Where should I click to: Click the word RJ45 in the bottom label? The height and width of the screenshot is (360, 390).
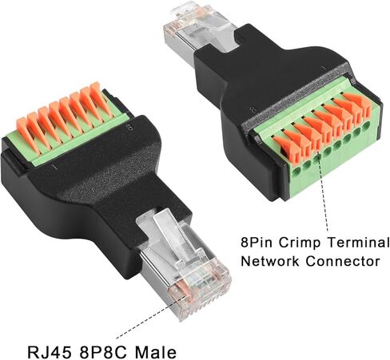point(50,352)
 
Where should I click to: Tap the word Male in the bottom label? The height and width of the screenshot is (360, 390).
point(156,352)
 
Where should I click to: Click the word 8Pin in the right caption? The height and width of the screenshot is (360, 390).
point(257,243)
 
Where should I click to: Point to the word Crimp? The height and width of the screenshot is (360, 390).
point(300,243)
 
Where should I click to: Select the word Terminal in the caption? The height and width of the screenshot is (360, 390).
point(358,243)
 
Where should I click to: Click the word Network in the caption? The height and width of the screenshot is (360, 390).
point(270,261)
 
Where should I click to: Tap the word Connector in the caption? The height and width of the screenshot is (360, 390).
point(343,261)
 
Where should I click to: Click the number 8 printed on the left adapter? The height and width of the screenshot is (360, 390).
point(130,127)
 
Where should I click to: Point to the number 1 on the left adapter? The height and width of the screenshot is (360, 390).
point(55,167)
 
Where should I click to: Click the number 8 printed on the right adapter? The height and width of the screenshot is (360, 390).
point(254,109)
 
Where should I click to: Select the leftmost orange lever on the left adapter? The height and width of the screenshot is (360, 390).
point(26,135)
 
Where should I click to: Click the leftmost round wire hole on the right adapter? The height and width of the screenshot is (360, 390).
point(296,174)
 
